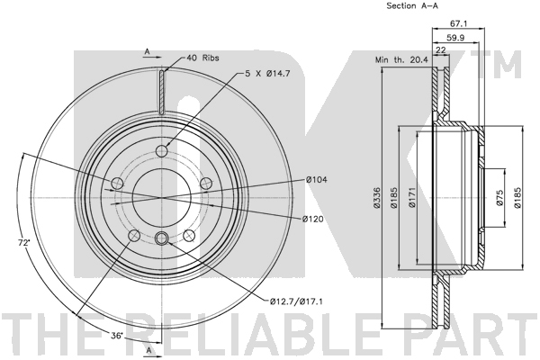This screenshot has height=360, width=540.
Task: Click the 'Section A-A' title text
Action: click(412, 5)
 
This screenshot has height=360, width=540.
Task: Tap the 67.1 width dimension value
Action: click(458, 23)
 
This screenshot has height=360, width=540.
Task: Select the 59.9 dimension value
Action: click(456, 38)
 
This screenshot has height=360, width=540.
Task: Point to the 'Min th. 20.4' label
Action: click(401, 59)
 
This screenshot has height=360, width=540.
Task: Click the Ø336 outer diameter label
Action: click(377, 198)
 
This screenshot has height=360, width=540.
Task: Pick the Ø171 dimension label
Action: click(412, 198)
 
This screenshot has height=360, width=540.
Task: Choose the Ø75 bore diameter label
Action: click(500, 198)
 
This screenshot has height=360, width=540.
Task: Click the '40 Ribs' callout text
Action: click(202, 58)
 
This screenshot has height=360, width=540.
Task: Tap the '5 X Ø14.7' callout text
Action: click(268, 73)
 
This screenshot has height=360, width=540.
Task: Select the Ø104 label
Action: click(317, 179)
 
